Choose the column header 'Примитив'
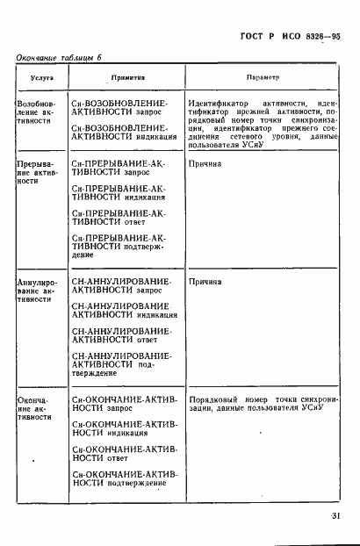[125, 78]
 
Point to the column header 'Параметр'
[263, 78]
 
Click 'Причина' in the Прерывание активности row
[205, 163]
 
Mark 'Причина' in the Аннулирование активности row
[205, 282]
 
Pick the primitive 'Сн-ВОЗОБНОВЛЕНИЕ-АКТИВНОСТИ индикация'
[123, 133]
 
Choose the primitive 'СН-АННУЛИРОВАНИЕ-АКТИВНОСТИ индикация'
[124, 310]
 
